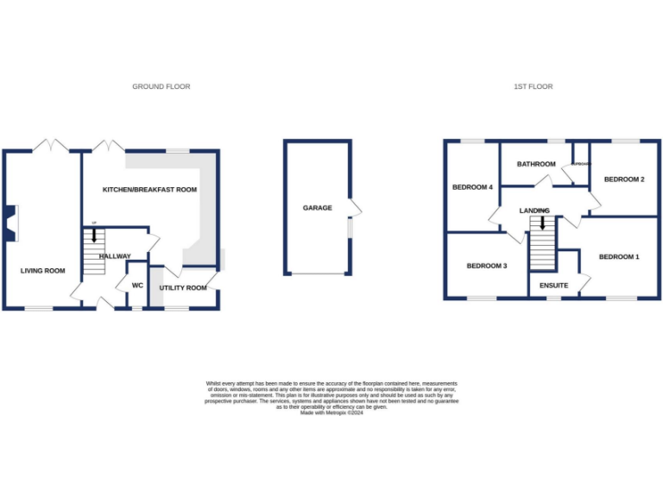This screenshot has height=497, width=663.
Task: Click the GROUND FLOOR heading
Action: (161, 86)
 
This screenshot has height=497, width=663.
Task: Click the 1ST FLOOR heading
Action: (533, 86)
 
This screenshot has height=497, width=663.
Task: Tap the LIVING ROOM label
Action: (43, 271)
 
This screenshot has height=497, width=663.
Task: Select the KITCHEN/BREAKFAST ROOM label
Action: (150, 190)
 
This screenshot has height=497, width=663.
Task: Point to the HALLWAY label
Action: (115, 256)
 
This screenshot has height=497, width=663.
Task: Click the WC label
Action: (136, 286)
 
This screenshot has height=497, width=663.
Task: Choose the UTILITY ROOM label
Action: (183, 287)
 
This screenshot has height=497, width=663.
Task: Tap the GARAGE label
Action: (317, 208)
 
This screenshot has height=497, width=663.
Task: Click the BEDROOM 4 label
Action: (472, 187)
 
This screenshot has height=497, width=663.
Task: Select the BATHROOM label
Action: (536, 164)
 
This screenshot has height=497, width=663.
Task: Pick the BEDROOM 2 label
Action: (624, 179)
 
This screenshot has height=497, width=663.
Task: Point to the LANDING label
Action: (534, 211)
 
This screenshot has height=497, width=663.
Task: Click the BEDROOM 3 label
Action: (487, 266)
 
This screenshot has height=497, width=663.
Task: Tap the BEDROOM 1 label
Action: (619, 256)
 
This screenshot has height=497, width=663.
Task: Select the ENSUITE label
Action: (553, 285)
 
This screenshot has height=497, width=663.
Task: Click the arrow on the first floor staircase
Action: (542, 223)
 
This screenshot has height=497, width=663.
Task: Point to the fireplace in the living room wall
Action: (8, 220)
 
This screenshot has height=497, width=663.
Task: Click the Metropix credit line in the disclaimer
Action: (331, 413)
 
